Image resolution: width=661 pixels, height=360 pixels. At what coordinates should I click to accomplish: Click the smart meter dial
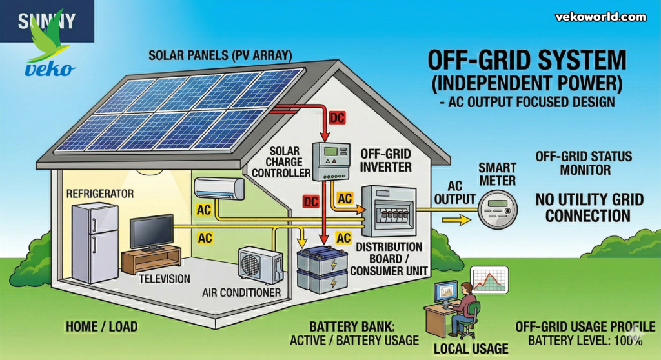[x=498, y=208]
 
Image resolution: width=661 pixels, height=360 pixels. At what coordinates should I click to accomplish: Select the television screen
[x=152, y=231]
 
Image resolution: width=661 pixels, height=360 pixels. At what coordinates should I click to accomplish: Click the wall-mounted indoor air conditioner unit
[x=219, y=188]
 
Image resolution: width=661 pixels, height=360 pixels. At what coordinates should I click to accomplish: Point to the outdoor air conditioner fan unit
[x=260, y=265]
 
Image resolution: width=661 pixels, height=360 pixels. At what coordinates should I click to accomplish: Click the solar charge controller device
[x=330, y=161]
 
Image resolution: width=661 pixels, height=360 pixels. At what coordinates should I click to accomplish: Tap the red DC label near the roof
[x=338, y=117]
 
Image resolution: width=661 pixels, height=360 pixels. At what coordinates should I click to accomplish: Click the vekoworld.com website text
[x=601, y=17]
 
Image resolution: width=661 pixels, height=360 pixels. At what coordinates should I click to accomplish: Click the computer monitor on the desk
[x=445, y=294]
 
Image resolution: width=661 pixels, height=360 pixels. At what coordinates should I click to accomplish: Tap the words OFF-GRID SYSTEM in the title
[x=527, y=61]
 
